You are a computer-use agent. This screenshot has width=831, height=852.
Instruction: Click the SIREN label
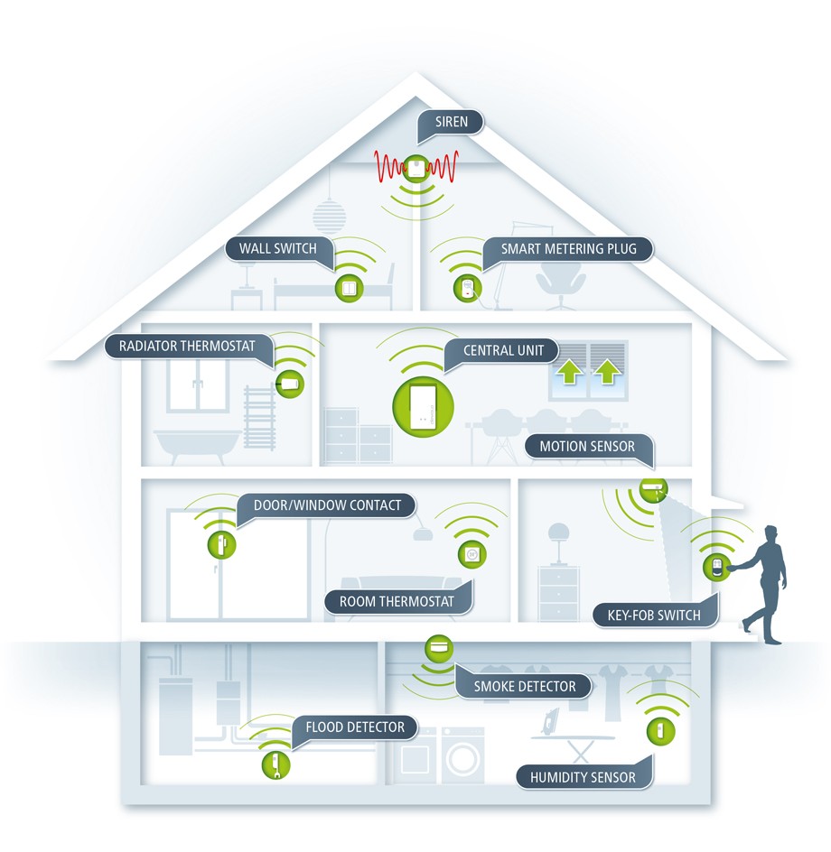tap(451, 122)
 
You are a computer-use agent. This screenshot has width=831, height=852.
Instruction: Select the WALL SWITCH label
tap(278, 249)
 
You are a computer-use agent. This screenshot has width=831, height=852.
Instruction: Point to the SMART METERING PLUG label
tap(568, 249)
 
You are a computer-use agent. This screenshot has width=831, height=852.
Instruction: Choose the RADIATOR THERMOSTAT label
tap(187, 347)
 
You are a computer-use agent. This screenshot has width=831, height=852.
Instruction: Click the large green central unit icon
tap(423, 406)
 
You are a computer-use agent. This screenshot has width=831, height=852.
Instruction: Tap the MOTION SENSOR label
tap(587, 447)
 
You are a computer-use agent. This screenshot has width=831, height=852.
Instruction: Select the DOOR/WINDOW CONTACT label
tap(327, 505)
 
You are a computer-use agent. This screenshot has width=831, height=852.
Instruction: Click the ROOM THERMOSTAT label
tap(397, 601)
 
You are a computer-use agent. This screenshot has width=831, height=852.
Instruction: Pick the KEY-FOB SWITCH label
tap(654, 616)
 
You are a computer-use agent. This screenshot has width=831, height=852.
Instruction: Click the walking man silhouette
tap(764, 584)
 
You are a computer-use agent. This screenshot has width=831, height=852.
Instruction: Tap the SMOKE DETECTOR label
tap(524, 686)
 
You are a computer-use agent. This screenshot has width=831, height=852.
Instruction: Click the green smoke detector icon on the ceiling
tap(438, 648)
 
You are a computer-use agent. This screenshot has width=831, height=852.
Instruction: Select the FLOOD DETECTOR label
tap(355, 727)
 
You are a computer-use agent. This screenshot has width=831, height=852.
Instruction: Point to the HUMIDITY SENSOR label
tap(583, 778)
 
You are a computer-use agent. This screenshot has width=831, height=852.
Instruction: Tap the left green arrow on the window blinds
tap(569, 372)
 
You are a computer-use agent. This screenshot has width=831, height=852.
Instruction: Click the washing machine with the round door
tap(462, 756)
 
